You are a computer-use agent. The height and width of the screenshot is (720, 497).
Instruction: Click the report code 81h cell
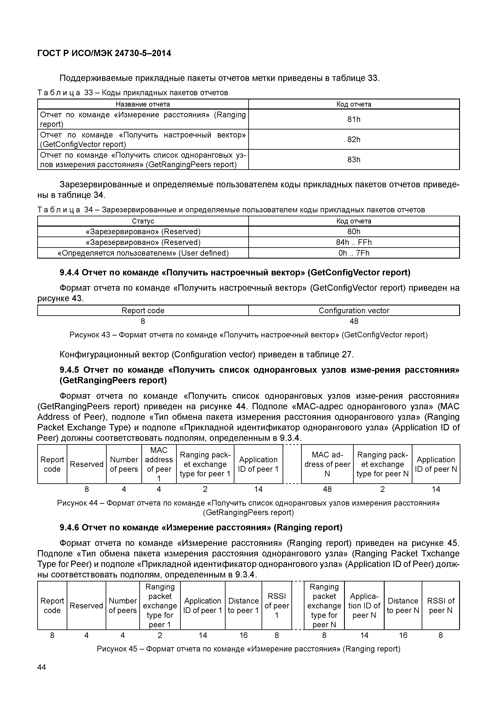(x=353, y=119)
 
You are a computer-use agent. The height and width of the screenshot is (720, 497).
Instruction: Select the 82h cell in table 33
(x=353, y=139)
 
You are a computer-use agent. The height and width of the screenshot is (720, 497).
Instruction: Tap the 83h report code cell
(x=353, y=159)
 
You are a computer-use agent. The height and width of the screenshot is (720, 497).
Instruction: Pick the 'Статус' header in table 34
(x=143, y=221)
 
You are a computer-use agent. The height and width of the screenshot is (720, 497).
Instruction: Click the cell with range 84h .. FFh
(x=353, y=242)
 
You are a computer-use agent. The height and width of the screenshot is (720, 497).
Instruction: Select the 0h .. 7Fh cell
(x=353, y=253)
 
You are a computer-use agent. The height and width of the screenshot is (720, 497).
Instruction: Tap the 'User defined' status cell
(x=143, y=253)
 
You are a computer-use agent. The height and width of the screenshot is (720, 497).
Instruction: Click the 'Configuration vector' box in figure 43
(x=353, y=310)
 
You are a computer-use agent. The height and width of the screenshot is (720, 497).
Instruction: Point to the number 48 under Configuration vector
(x=354, y=321)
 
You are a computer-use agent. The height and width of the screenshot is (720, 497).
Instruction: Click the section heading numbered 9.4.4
(x=235, y=273)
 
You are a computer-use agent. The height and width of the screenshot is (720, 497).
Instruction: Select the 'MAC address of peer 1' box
(x=159, y=464)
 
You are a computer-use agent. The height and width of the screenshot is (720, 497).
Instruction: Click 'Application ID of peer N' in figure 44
(x=436, y=464)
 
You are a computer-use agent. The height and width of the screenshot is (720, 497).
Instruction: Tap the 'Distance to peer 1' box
(x=243, y=605)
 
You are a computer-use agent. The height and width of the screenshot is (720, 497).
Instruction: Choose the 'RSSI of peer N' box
(x=440, y=605)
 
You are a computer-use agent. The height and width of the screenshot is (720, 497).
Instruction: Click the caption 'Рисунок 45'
(x=248, y=649)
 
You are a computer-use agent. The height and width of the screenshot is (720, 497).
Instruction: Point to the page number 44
(x=41, y=667)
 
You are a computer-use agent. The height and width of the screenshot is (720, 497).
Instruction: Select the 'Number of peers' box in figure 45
(x=123, y=605)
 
